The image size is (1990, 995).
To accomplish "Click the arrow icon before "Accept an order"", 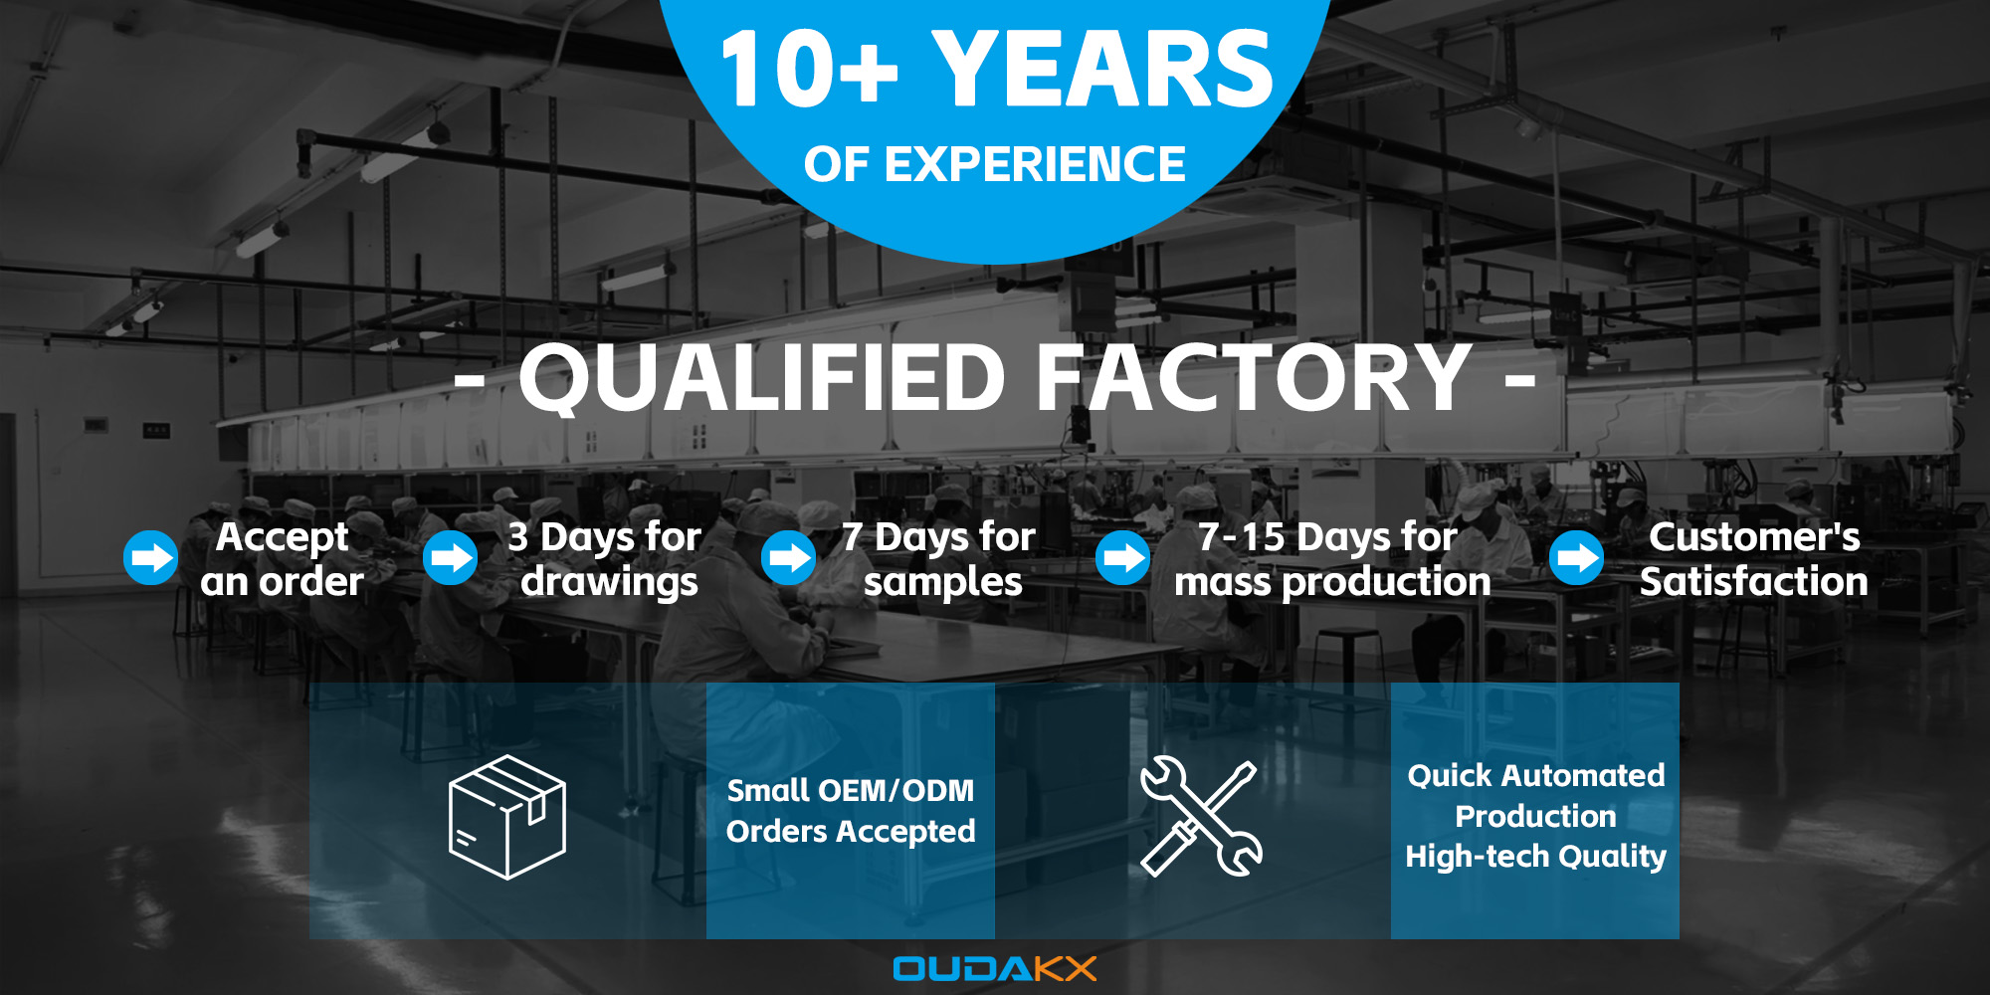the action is pyautogui.click(x=150, y=557).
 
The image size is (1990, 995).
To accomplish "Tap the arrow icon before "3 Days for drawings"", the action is pyautogui.click(x=451, y=557).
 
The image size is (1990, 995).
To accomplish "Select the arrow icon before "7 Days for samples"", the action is pyautogui.click(x=789, y=557).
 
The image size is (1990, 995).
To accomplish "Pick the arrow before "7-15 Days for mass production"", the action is pyautogui.click(x=1123, y=557).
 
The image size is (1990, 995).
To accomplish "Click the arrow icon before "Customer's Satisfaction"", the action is pyautogui.click(x=1577, y=557).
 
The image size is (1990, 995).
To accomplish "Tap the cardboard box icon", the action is pyautogui.click(x=507, y=817).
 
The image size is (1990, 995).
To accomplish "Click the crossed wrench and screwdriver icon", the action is pyautogui.click(x=1201, y=817).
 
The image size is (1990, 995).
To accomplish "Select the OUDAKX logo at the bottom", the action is pyautogui.click(x=995, y=968).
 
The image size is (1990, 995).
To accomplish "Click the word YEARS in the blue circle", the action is pyautogui.click(x=1102, y=69).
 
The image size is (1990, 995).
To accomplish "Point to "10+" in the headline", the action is pyautogui.click(x=809, y=69).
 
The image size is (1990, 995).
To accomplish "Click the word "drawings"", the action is pyautogui.click(x=610, y=583).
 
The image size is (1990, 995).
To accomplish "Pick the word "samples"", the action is pyautogui.click(x=943, y=583).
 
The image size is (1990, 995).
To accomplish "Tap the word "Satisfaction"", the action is pyautogui.click(x=1754, y=581).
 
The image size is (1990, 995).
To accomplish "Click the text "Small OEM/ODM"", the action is pyautogui.click(x=851, y=790).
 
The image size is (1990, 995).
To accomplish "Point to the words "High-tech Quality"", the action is pyautogui.click(x=1535, y=857).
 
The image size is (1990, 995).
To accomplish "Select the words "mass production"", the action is pyautogui.click(x=1332, y=583).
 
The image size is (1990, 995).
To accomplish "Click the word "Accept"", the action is pyautogui.click(x=283, y=538).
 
